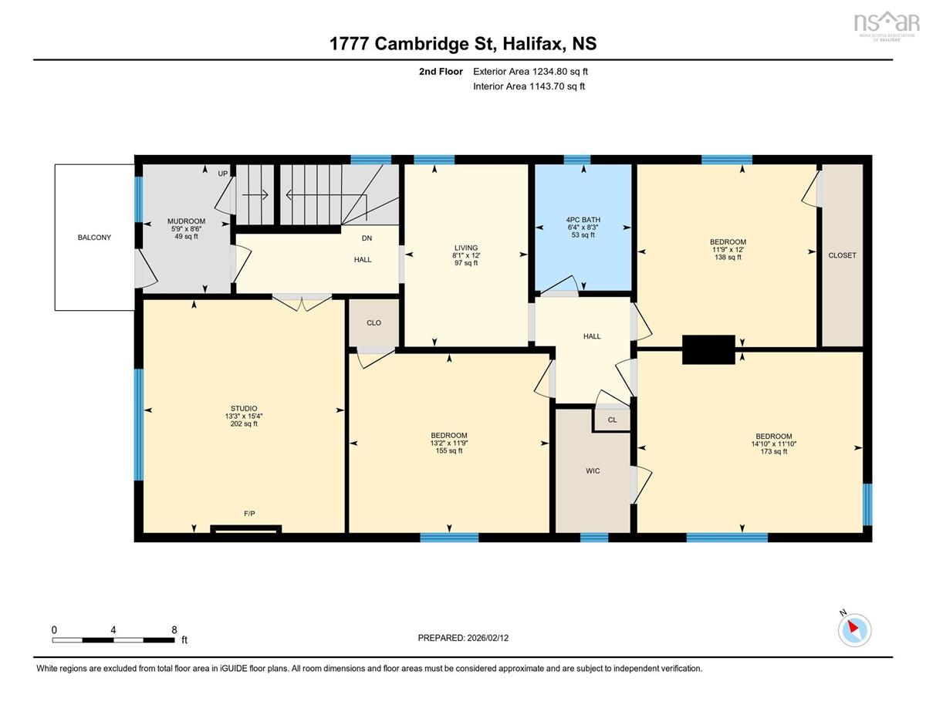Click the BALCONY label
tap(94, 238)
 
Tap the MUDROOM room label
tap(186, 221)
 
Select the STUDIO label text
tap(244, 408)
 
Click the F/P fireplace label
tap(249, 514)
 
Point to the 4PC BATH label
tap(583, 220)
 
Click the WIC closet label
tap(593, 470)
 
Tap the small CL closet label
tap(613, 420)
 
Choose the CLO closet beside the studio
tap(373, 323)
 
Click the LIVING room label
tap(466, 248)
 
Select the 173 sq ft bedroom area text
tap(774, 451)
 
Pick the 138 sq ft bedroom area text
tap(728, 257)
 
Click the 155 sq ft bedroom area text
tap(449, 450)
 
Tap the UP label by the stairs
tap(223, 174)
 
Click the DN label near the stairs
tap(367, 238)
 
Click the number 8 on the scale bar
tap(174, 630)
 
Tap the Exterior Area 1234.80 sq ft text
tap(531, 72)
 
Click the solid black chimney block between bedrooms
tap(708, 349)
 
